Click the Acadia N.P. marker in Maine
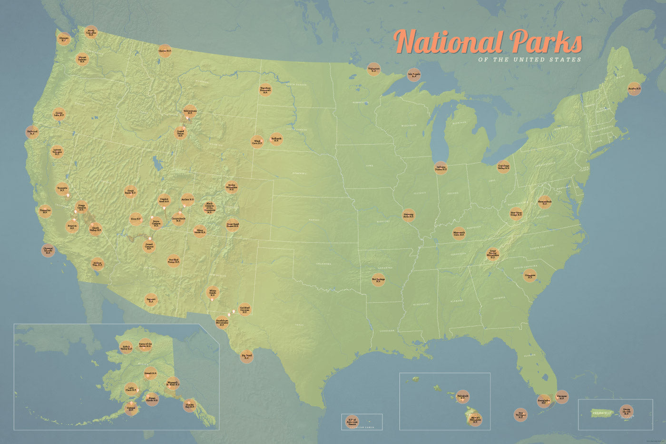pyautogui.click(x=634, y=89)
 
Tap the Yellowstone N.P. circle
pyautogui.click(x=190, y=111)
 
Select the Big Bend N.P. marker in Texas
pyautogui.click(x=246, y=356)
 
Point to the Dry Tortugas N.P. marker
pyautogui.click(x=520, y=414)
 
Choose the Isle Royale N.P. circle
pyautogui.click(x=414, y=75)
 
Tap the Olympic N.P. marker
pyautogui.click(x=64, y=39)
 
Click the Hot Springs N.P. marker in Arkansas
pyautogui.click(x=378, y=280)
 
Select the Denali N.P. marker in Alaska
pyautogui.click(x=150, y=373)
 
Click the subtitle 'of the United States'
pyautogui.click(x=529, y=60)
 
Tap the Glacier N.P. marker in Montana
pyautogui.click(x=165, y=51)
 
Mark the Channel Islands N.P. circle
pyautogui.click(x=48, y=251)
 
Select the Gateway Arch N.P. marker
pyautogui.click(x=409, y=215)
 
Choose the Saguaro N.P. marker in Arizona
pyautogui.click(x=151, y=300)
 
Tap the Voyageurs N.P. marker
pyautogui.click(x=374, y=69)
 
